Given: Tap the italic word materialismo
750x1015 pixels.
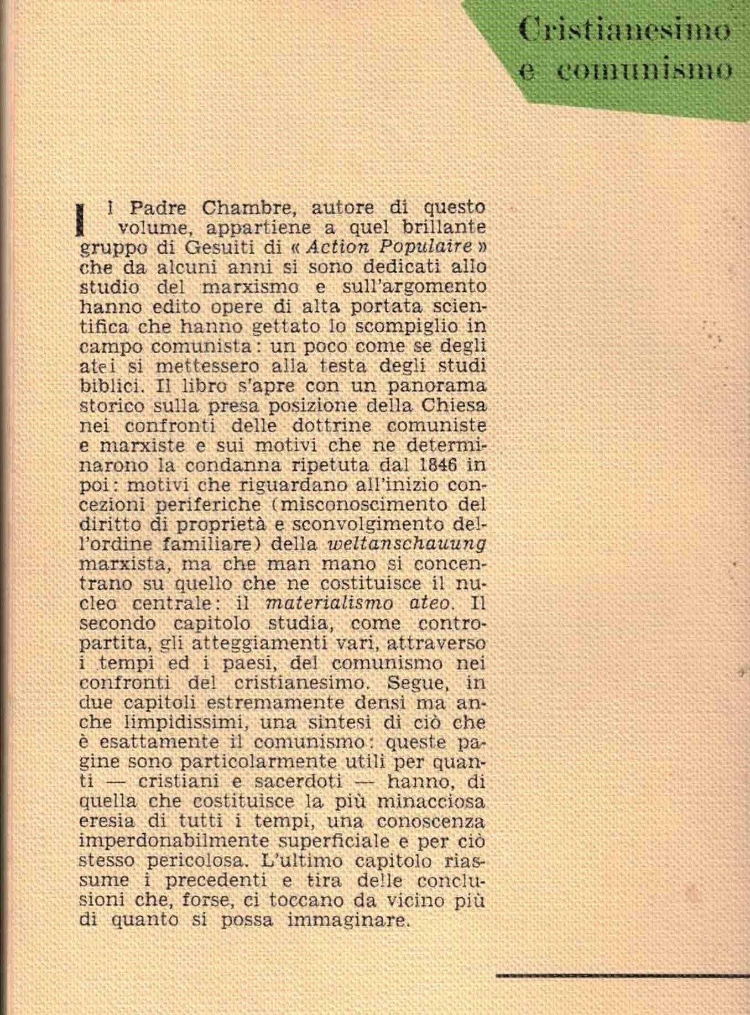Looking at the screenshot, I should click(x=329, y=603).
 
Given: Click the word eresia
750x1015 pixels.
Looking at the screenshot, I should click(x=106, y=822).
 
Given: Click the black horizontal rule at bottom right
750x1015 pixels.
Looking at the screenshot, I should click(x=622, y=976).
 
